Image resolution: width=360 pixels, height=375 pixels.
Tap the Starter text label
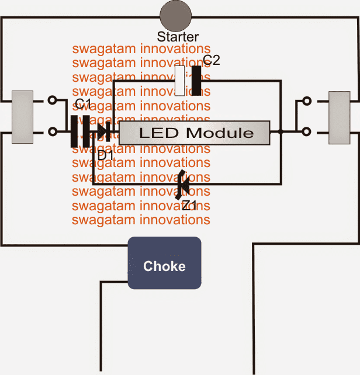178,37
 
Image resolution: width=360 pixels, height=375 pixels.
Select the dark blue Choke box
165,263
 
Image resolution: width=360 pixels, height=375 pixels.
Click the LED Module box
195,133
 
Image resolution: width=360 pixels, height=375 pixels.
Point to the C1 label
83,105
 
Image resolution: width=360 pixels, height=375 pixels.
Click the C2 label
211,60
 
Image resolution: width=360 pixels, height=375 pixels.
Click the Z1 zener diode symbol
183,184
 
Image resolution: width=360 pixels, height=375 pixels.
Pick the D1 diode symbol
103,131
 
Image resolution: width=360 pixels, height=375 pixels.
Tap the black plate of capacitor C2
196,81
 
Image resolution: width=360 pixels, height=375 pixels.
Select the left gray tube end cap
22,116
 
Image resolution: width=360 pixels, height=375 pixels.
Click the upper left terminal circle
53,100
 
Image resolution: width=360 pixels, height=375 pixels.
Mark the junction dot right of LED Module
281,133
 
